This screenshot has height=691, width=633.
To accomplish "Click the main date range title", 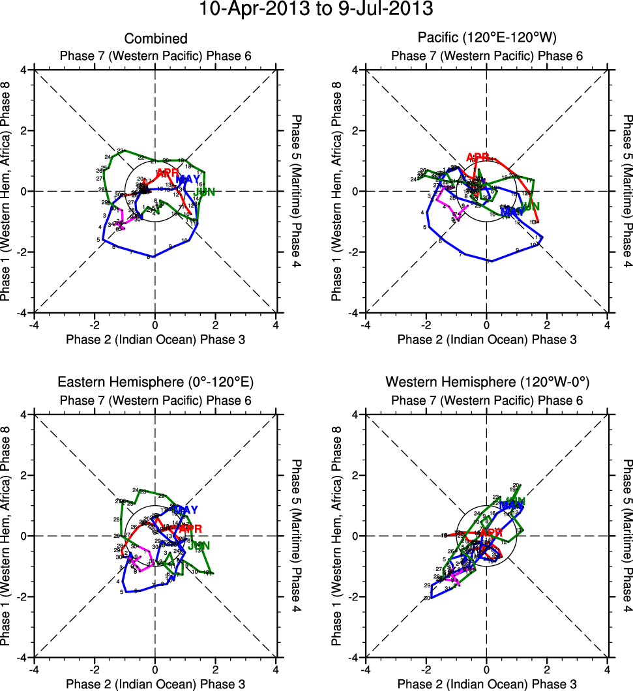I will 316,10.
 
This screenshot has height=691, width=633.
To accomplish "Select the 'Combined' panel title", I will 156,39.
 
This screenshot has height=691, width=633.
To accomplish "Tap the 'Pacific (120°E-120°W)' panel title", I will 487,37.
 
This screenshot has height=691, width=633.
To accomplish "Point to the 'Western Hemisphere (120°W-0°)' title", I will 487,382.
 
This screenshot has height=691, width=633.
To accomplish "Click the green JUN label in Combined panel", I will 205,192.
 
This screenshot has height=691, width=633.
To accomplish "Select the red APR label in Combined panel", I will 168,173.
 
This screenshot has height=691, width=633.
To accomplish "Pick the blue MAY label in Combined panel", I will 188,179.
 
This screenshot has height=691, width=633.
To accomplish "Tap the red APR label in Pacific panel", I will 478,157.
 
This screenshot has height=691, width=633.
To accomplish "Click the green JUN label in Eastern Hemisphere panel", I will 199,545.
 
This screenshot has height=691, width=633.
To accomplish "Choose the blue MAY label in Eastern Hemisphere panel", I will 186,510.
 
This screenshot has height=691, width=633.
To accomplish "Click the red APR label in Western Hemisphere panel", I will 492,533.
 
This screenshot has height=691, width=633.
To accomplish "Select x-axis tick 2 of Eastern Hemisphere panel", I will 216,668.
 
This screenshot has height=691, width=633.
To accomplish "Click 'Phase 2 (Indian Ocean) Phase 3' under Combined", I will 156,339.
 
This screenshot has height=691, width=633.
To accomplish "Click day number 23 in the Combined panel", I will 121,151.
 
